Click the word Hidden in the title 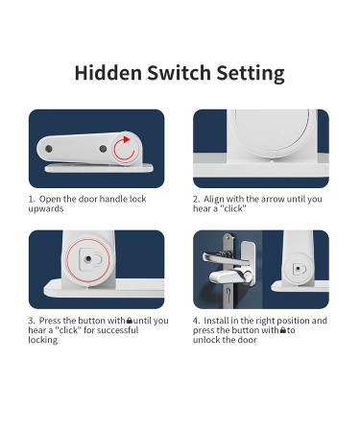click(x=107, y=72)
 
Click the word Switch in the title click(x=181, y=72)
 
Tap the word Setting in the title click(x=252, y=72)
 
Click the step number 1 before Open click(x=31, y=200)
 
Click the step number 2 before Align click(x=196, y=200)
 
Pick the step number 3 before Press click(x=31, y=321)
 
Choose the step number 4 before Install click(x=196, y=321)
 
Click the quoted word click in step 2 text click(x=236, y=210)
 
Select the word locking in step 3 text click(x=42, y=341)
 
